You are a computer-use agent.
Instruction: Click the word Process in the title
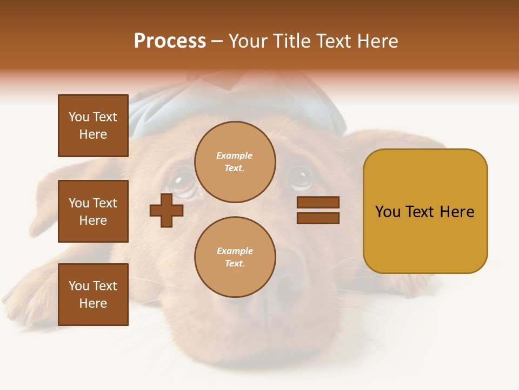tap(170, 41)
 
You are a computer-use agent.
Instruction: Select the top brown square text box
tap(93, 126)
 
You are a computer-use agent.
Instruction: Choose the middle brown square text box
tap(93, 211)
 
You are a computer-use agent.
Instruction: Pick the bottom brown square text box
tap(93, 294)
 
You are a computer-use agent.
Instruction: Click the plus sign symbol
tap(167, 210)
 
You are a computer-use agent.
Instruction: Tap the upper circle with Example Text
tap(235, 161)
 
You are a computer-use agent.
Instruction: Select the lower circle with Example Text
tap(235, 257)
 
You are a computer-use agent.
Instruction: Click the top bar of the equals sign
tap(318, 203)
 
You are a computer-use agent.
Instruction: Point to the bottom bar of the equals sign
tap(318, 218)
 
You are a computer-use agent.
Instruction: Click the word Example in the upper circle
tap(235, 155)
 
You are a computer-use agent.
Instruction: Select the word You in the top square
tap(79, 117)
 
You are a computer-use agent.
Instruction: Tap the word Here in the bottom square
tap(93, 303)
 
